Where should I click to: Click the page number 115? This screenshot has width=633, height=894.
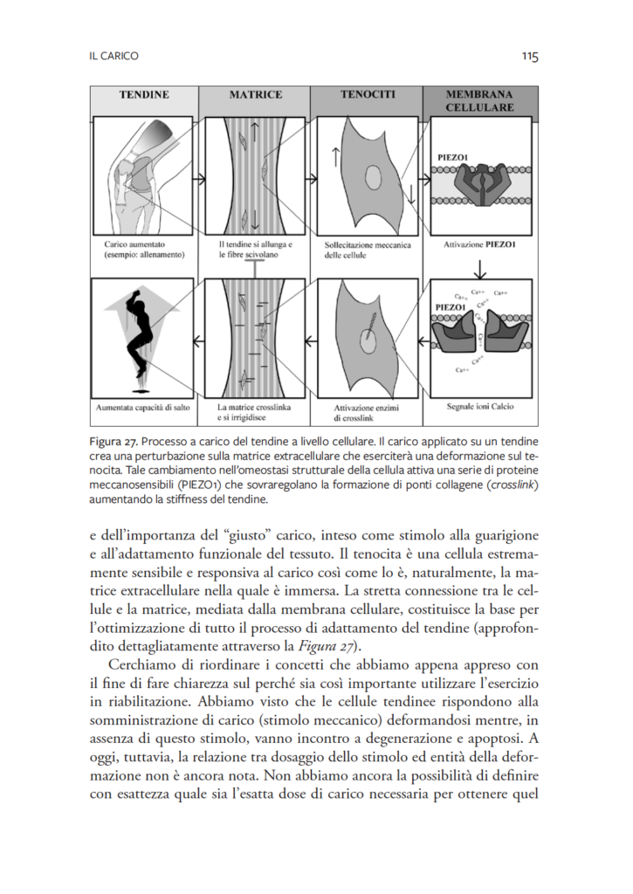(x=530, y=56)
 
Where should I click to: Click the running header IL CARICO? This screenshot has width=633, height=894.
(x=114, y=56)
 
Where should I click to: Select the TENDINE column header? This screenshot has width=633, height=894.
(x=144, y=94)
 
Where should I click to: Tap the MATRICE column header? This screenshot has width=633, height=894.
(x=256, y=94)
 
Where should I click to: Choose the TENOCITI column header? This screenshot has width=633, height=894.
(x=368, y=94)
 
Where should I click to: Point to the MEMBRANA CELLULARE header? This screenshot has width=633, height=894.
(x=479, y=101)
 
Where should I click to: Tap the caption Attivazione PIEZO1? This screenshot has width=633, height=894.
(x=479, y=244)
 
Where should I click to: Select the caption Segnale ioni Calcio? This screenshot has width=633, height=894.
(x=479, y=407)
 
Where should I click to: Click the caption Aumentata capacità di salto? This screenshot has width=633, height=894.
(x=142, y=408)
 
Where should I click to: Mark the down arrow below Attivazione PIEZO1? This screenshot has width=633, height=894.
(x=480, y=269)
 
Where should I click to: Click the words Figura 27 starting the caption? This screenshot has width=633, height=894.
(x=113, y=442)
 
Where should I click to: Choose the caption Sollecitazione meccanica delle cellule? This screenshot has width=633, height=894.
(x=368, y=251)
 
